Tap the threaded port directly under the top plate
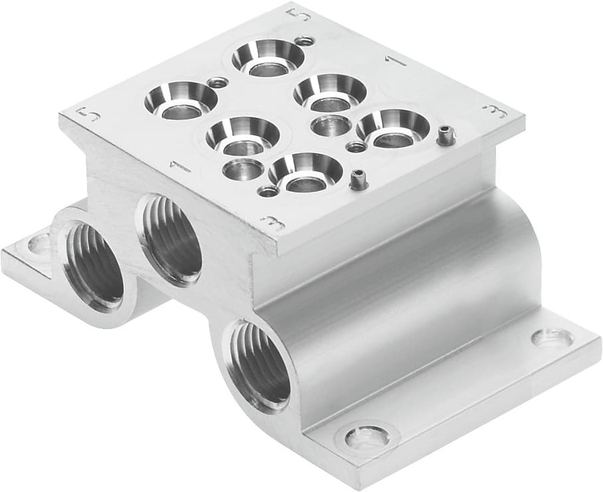170,240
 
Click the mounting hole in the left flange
38,245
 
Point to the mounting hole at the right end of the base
552,338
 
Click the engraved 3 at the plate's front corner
271,223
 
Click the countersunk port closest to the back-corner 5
267,57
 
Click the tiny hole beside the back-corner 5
305,41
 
